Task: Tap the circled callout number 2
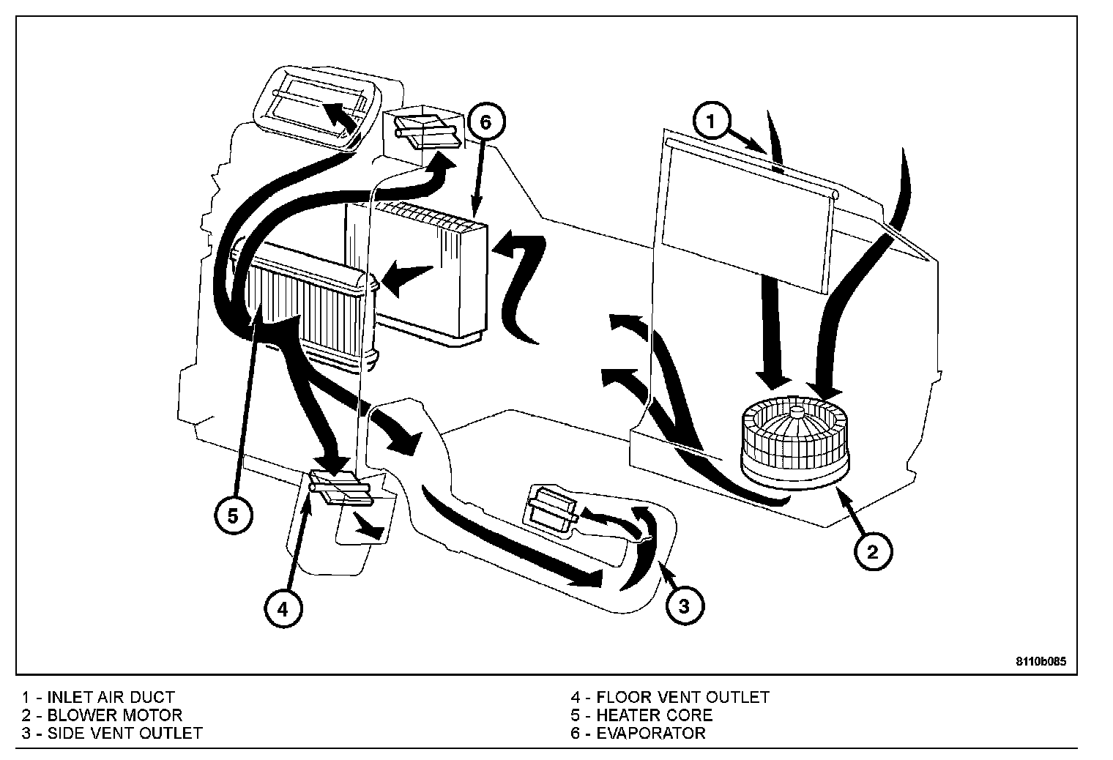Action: tap(873, 552)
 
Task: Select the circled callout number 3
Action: tap(684, 606)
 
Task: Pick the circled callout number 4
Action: tap(283, 609)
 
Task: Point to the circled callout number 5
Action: tap(233, 516)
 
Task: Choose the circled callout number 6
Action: tap(485, 122)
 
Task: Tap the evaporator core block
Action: tap(417, 273)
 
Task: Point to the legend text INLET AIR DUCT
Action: tap(111, 698)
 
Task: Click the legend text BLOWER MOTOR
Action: tap(115, 715)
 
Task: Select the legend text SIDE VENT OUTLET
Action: tap(124, 733)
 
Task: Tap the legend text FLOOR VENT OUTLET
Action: tap(682, 698)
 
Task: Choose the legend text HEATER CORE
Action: tap(655, 715)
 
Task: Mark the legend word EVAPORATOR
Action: tap(651, 733)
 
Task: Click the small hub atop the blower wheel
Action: tap(797, 413)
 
